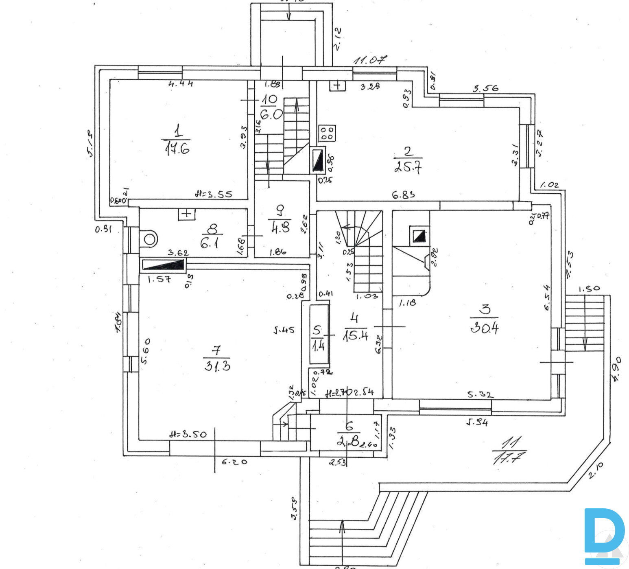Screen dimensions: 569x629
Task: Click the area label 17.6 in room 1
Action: tap(177, 149)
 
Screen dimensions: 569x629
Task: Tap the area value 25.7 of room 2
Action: tap(408, 166)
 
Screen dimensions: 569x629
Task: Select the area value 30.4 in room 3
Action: tap(484, 327)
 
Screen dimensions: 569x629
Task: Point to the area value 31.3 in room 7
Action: tap(217, 366)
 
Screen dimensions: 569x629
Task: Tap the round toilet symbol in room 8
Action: tap(149, 239)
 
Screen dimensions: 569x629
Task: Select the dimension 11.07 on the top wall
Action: tap(370, 61)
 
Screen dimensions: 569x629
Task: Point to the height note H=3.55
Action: tap(213, 194)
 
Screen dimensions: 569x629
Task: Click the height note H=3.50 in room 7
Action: tap(188, 434)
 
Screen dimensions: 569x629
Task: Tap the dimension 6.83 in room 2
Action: tap(403, 195)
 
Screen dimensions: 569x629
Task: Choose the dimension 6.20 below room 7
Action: tap(234, 462)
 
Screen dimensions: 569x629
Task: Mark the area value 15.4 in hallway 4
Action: tap(355, 335)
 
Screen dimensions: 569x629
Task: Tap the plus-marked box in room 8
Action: tap(186, 214)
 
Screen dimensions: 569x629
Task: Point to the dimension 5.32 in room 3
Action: tap(480, 394)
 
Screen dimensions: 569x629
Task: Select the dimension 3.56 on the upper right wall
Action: tap(485, 88)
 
